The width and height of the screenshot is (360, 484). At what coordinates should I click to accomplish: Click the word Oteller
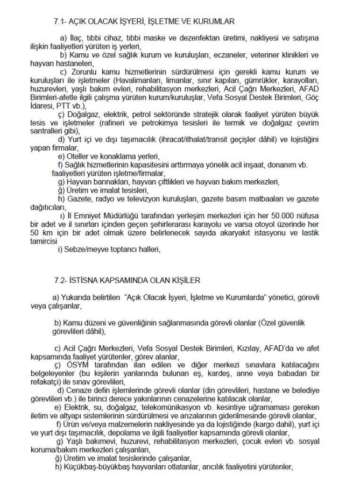click(x=82, y=154)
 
